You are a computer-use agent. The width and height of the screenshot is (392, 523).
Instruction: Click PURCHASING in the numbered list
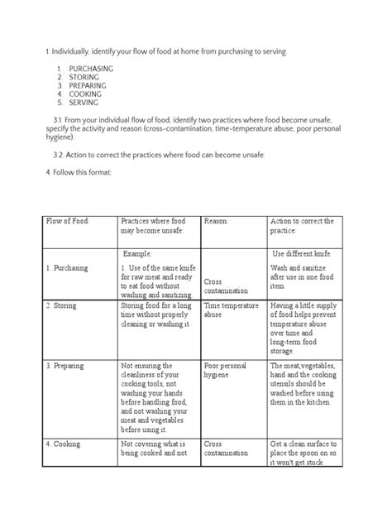point(91,68)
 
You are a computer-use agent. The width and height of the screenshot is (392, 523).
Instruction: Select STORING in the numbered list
point(84,77)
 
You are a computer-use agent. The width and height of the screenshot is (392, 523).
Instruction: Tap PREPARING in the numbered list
point(88,85)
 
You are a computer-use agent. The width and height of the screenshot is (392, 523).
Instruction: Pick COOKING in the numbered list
point(85,94)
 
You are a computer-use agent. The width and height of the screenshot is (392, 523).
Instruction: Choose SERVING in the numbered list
point(84,103)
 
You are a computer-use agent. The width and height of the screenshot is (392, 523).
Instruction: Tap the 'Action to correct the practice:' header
point(302,226)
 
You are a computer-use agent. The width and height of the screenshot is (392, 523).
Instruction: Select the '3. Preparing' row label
point(67,365)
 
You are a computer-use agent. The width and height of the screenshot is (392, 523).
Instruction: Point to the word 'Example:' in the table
point(140,253)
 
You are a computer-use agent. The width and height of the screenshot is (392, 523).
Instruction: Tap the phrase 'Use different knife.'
point(302,253)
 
